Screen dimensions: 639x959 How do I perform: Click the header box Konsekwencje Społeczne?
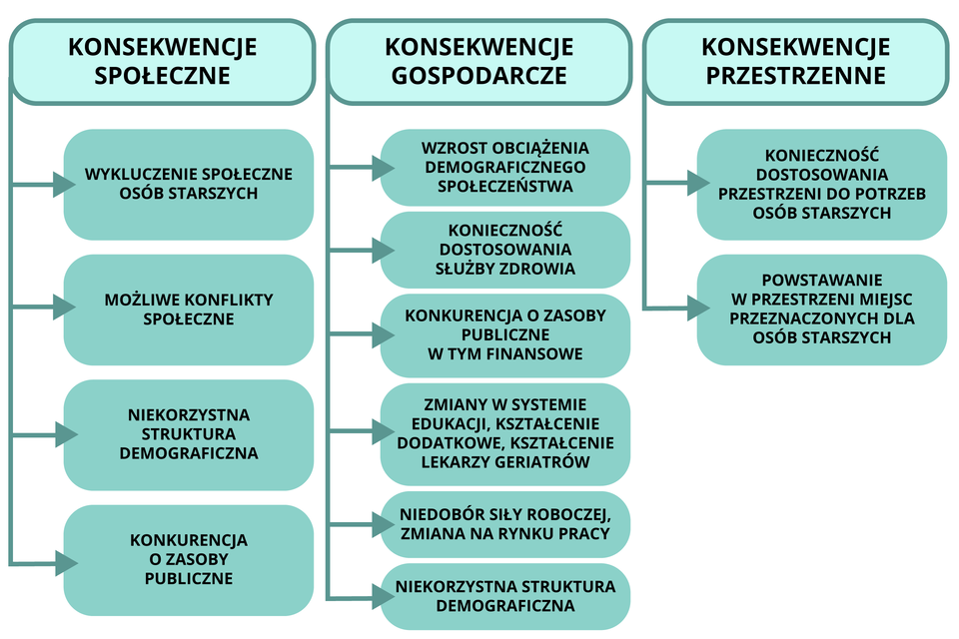tap(163, 61)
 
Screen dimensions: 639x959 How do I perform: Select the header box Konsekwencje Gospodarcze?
tap(479, 61)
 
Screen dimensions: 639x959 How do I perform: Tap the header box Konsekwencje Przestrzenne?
tap(795, 61)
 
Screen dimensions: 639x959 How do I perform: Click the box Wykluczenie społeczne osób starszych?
tap(189, 184)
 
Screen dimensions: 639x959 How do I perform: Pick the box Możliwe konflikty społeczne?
tap(189, 310)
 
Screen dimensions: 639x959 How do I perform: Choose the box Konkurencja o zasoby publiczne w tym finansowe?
tap(505, 334)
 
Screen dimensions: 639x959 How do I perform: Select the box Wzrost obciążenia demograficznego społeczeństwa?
tap(505, 167)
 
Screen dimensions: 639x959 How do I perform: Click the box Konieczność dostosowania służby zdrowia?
tap(505, 250)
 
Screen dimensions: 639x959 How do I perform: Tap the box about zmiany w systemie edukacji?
tap(505, 434)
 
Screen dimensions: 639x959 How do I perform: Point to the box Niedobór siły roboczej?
tap(505, 524)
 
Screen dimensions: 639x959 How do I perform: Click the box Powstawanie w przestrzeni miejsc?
tap(822, 309)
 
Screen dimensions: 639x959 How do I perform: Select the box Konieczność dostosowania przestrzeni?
tap(822, 184)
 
